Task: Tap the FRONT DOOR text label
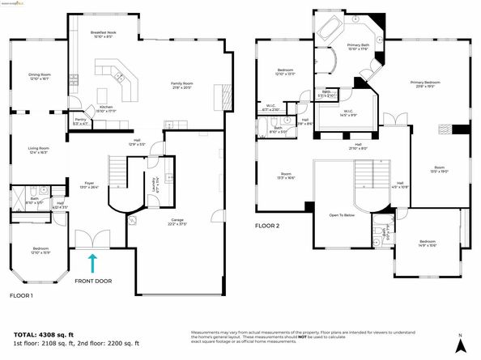pos(93,281)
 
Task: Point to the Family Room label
pos(182,84)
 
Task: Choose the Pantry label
pos(80,121)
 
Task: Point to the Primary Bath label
pos(357,46)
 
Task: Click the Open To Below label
pos(344,215)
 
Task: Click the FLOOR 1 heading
pos(21,296)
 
